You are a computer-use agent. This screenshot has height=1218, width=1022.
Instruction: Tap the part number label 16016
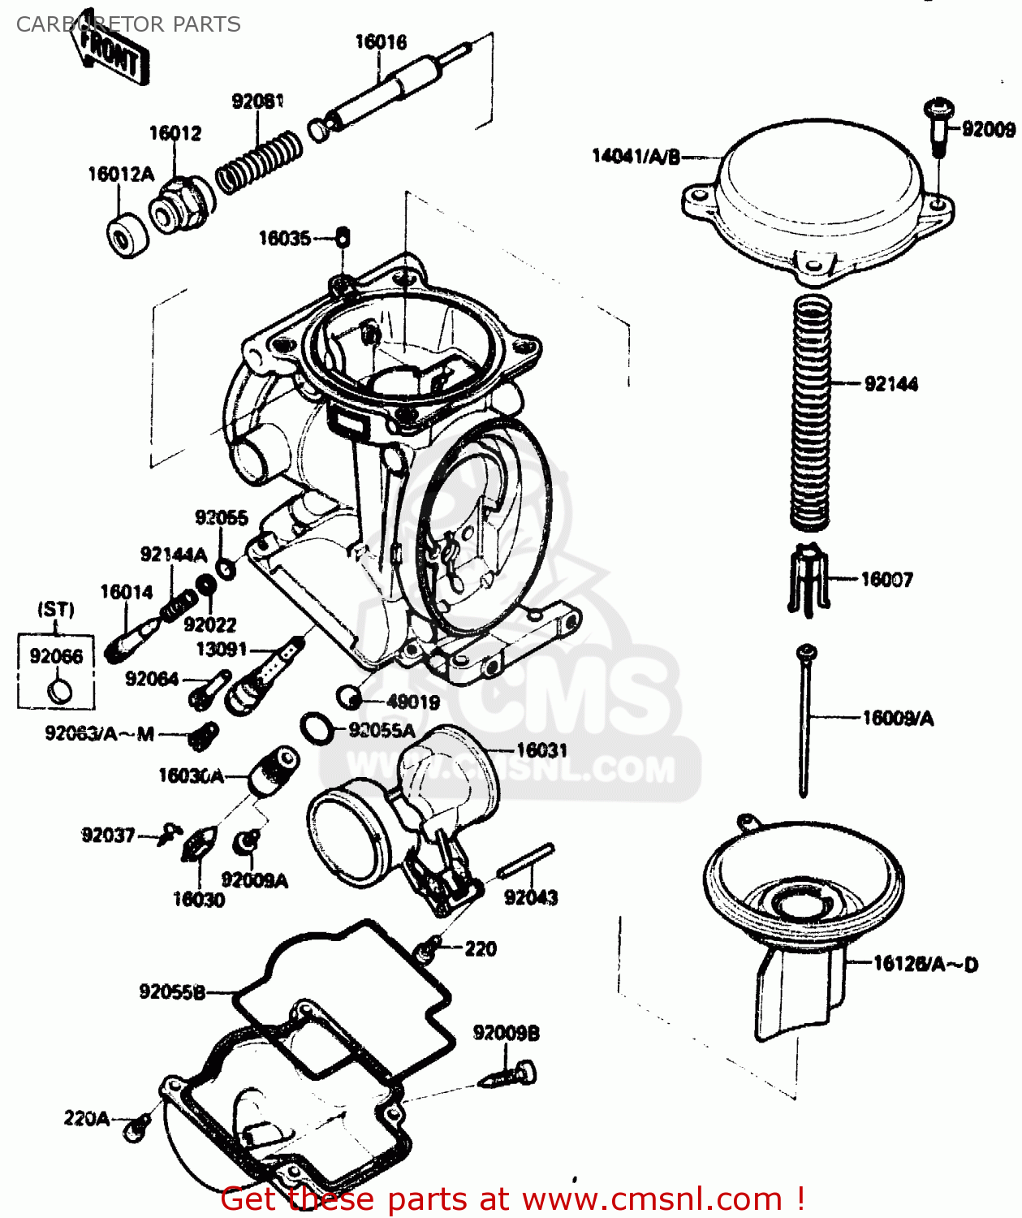[381, 41]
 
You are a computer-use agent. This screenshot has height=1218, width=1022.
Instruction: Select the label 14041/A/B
[636, 156]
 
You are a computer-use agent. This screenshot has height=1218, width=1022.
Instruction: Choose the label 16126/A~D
[925, 964]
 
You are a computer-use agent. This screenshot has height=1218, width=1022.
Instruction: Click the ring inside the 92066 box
[60, 691]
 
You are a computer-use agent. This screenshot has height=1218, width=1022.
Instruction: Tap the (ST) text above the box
[56, 609]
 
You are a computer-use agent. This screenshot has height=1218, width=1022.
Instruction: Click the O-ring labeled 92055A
[316, 728]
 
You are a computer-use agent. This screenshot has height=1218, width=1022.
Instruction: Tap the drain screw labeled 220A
[136, 1128]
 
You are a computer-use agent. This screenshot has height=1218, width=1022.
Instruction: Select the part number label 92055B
[171, 991]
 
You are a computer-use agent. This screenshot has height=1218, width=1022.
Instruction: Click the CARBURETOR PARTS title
[128, 24]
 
